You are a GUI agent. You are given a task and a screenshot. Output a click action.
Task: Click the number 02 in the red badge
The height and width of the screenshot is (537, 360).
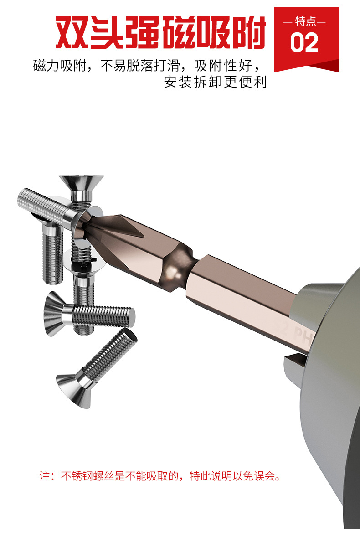point(304,43)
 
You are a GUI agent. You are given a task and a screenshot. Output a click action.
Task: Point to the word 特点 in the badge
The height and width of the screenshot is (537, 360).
point(306,21)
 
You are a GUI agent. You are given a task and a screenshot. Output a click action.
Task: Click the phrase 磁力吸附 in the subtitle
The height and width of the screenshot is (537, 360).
point(59,65)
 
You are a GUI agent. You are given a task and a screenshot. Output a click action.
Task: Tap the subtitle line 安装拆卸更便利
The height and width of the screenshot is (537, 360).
point(215,82)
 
